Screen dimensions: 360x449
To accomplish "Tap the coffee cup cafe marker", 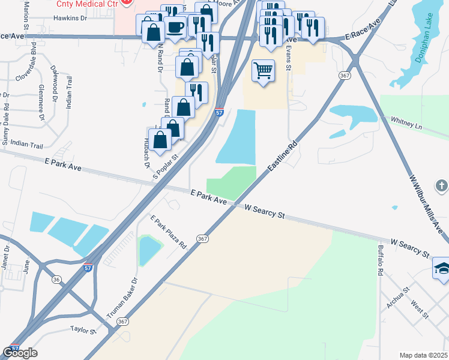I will (x=175, y=27).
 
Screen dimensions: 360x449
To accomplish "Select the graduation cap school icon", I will (x=442, y=268).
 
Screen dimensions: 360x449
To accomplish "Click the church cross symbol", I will (x=442, y=185).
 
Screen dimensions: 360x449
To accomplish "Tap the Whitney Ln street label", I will (x=407, y=124).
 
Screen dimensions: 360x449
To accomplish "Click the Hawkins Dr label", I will (x=70, y=18).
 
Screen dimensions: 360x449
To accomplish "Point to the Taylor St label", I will (x=83, y=330).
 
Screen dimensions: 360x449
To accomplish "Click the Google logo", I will (x=20, y=353).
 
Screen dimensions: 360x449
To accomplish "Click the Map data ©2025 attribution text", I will (x=424, y=355).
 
